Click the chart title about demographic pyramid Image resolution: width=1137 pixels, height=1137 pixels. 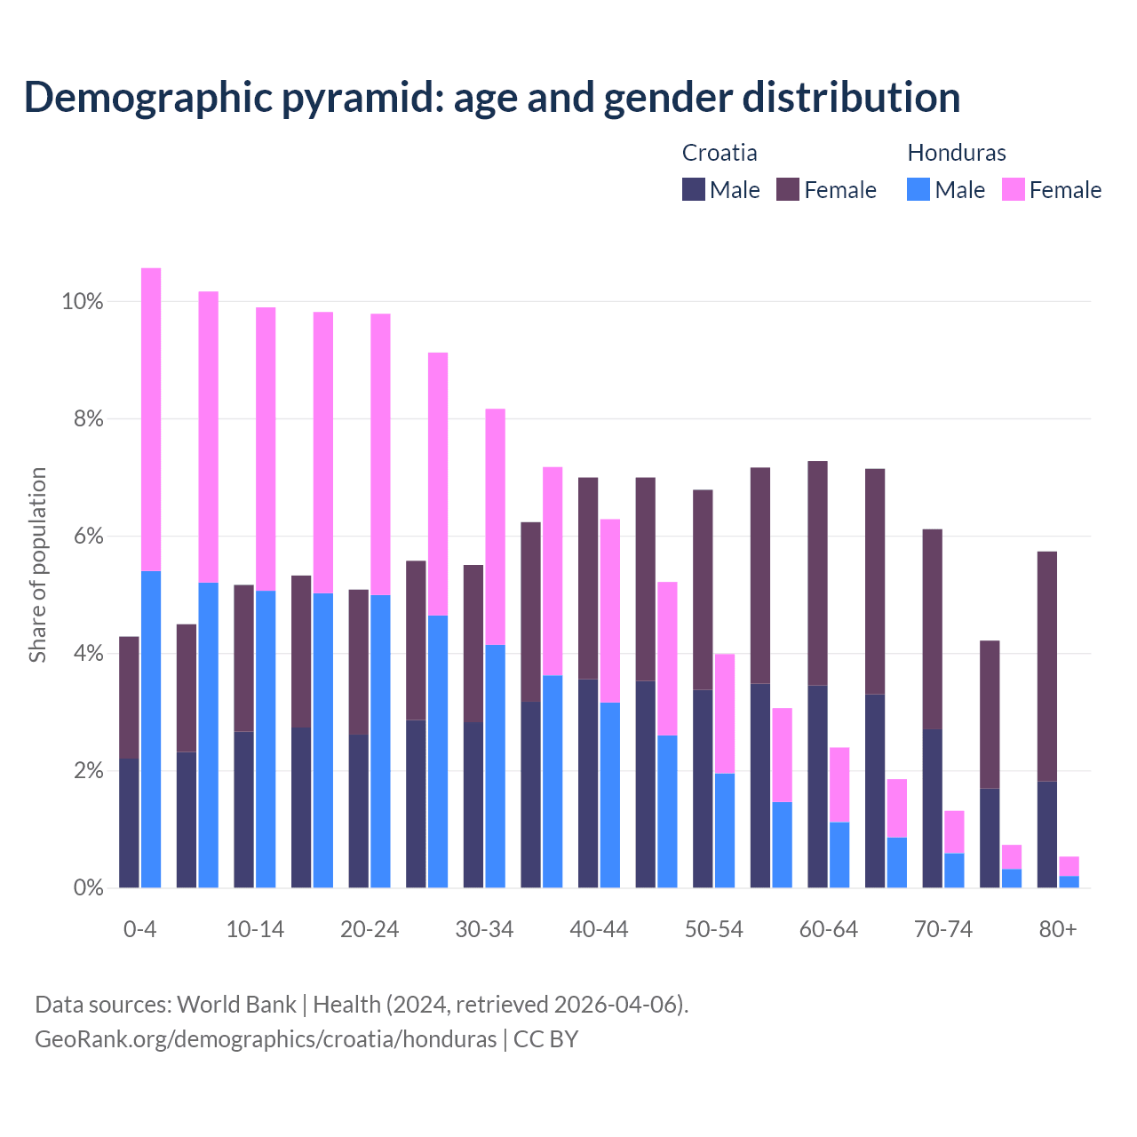coord(491,97)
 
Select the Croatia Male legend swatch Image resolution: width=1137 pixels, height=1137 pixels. coord(694,189)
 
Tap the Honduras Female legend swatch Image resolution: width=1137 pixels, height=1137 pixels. coord(1013,189)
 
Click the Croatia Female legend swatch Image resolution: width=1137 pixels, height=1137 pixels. coord(788,189)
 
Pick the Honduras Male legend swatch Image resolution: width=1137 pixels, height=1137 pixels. coord(918,189)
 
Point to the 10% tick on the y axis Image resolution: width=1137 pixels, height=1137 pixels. coord(83,302)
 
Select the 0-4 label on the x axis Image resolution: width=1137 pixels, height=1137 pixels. coord(140,930)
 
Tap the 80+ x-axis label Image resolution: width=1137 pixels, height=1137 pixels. coord(1058,930)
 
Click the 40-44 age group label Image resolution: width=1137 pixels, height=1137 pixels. coord(599,930)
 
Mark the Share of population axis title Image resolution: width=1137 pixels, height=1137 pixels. coord(38,565)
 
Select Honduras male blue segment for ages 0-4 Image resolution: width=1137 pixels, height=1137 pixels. coord(151,728)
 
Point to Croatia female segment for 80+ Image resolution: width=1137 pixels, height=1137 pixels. coord(1047,666)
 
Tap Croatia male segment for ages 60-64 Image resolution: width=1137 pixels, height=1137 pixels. coord(817,786)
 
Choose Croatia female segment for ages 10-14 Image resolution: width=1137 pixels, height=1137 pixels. coord(243,658)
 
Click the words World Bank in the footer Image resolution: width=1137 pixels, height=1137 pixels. coord(236,1005)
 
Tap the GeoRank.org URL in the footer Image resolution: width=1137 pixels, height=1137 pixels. coord(266,1039)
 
